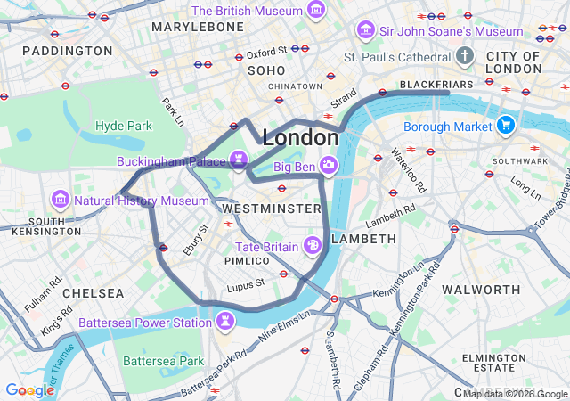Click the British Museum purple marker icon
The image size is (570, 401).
pyautogui.click(x=315, y=11)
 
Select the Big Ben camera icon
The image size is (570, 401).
pyautogui.click(x=329, y=165)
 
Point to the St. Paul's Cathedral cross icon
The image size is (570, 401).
pyautogui.click(x=464, y=56)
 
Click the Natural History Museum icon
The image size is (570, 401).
pyautogui.click(x=61, y=199)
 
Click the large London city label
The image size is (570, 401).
pyautogui.click(x=300, y=138)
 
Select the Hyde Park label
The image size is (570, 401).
pyautogui.click(x=124, y=126)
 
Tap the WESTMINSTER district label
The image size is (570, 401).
pyautogui.click(x=271, y=208)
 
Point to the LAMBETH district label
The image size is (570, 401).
pyautogui.click(x=363, y=239)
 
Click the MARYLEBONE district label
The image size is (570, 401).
pyautogui.click(x=198, y=27)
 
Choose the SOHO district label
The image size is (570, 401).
pyautogui.click(x=266, y=70)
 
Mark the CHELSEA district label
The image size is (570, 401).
pyautogui.click(x=94, y=292)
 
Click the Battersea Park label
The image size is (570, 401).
pyautogui.click(x=164, y=361)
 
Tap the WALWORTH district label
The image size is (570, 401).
pyautogui.click(x=481, y=290)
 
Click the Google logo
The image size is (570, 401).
pyautogui.click(x=30, y=390)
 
